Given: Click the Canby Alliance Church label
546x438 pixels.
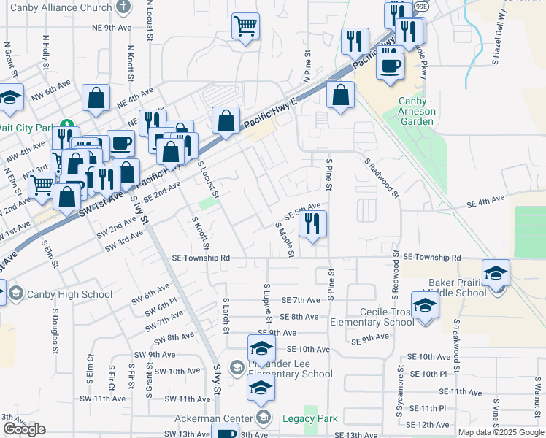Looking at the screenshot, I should (56, 9).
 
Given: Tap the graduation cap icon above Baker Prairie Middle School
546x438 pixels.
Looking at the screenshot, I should (496, 273).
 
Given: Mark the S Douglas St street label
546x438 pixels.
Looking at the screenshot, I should (55, 330).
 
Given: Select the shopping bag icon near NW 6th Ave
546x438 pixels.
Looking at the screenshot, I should (96, 99).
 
